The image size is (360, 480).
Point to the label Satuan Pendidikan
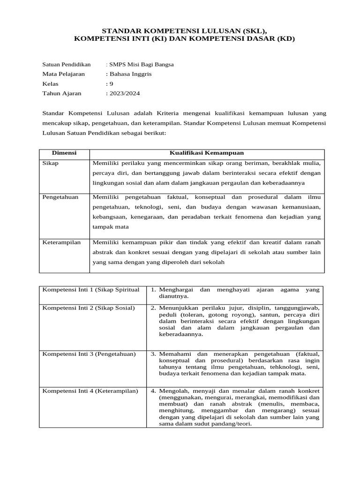[x=66, y=65]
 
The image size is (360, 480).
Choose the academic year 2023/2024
[x=124, y=93]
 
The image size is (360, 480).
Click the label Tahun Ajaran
[x=61, y=93]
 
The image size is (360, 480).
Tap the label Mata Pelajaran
[x=64, y=74]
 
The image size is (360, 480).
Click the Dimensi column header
[x=64, y=153]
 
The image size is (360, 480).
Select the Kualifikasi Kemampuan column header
[x=206, y=153]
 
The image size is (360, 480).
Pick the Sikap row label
[x=51, y=163]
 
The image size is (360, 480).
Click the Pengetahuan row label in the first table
[x=60, y=197]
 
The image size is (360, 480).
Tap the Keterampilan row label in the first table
[x=62, y=242]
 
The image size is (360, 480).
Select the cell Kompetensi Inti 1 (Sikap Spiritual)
[x=91, y=290]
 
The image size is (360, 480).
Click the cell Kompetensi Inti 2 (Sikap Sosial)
[x=89, y=307]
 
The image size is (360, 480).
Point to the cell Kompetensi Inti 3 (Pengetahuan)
[x=89, y=353]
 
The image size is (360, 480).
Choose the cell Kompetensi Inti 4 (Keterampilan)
[x=90, y=391]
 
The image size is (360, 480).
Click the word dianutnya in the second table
[x=173, y=296]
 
